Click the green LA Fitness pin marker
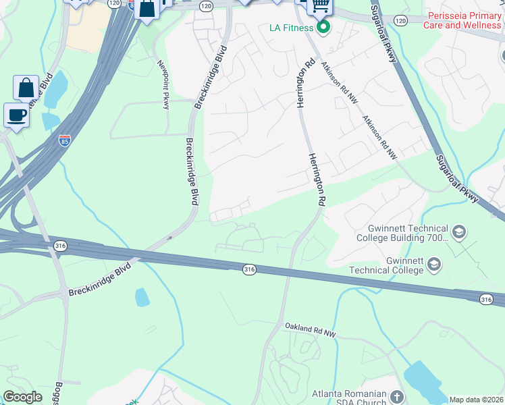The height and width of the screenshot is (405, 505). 323,28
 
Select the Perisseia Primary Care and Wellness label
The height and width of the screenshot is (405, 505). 462,20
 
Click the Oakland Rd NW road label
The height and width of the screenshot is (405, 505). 309,329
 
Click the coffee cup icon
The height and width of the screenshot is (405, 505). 16,115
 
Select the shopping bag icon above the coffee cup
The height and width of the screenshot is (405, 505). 26,88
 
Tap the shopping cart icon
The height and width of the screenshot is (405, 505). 320,5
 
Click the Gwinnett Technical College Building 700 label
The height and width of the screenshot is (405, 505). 408,233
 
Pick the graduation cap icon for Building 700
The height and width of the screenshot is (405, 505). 459,233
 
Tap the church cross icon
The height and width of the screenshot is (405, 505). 397,396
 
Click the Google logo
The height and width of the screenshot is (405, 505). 22,397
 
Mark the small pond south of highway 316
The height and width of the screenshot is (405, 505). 142,297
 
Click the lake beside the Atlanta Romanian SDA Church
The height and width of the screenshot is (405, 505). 424,382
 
